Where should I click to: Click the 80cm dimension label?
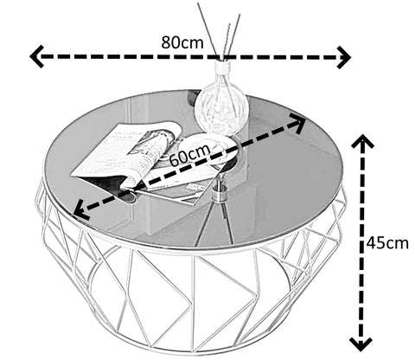[x=182, y=42]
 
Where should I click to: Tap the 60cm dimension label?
[x=190, y=155]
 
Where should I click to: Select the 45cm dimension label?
[x=387, y=244]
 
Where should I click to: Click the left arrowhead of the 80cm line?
[x=36, y=56]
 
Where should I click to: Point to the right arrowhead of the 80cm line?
[x=344, y=57]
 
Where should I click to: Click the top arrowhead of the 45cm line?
[x=362, y=141]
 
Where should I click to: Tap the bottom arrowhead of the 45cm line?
[x=361, y=344]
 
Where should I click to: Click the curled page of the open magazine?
[x=156, y=150]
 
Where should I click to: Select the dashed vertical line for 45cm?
[x=361, y=242]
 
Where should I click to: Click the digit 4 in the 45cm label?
[x=371, y=244]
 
